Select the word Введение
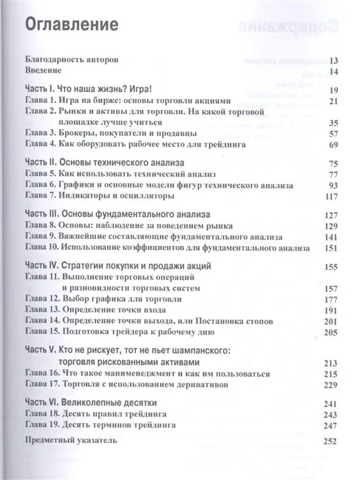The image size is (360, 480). [x=43, y=71]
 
